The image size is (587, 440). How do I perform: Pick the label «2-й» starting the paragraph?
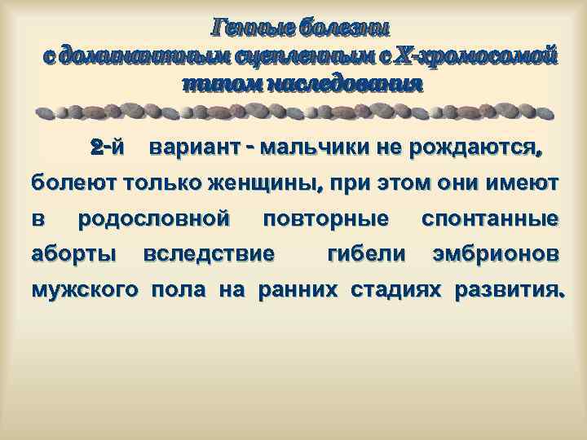(x=108, y=148)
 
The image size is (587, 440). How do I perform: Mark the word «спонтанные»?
(x=489, y=219)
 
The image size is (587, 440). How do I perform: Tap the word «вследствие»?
(x=208, y=254)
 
